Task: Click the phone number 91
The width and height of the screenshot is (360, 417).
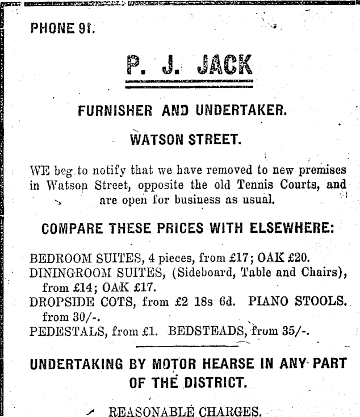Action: pos(85,28)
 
